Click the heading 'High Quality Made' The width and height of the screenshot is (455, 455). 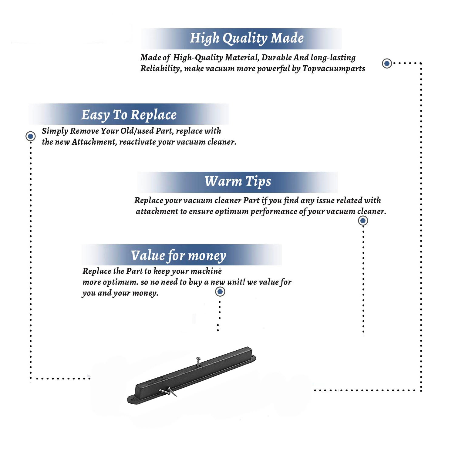click(247, 39)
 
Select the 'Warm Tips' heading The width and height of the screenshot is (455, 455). click(238, 181)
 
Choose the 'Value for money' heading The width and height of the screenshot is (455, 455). click(179, 256)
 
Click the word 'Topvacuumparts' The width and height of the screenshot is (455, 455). click(334, 69)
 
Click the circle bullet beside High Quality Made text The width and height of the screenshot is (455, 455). click(387, 63)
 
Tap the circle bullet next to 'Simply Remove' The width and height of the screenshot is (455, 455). click(30, 136)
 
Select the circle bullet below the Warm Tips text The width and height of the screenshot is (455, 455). click(363, 221)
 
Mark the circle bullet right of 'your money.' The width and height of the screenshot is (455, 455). click(220, 292)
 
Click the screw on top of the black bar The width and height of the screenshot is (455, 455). click(198, 361)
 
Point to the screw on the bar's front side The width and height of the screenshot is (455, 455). click(168, 392)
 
